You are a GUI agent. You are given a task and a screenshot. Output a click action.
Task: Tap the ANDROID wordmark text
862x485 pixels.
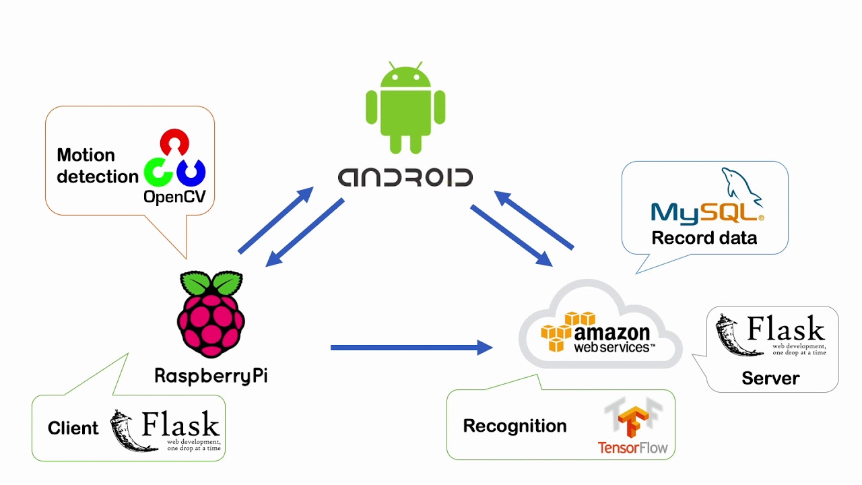coord(405,177)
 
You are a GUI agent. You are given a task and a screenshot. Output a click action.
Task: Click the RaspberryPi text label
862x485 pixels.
coord(211,375)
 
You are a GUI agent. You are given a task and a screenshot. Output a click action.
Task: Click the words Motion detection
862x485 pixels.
coord(97,166)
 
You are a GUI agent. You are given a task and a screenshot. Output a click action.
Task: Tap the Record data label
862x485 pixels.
coord(704,238)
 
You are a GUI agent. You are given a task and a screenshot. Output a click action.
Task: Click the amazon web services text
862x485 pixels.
coord(611,339)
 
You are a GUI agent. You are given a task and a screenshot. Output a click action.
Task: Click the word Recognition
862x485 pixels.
coord(515,426)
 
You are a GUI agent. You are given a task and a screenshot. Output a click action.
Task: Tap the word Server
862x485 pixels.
coord(770,378)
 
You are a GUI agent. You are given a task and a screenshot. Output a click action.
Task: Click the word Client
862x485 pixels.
coord(73,428)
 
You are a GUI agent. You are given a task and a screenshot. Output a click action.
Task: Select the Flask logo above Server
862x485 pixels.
coord(770,335)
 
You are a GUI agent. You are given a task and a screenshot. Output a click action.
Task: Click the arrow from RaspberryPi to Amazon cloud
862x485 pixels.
coord(411,348)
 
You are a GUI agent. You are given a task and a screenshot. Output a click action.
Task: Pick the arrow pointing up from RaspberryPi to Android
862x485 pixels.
coord(276,220)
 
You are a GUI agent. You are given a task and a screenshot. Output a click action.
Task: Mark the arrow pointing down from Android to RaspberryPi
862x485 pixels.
coord(305,232)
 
